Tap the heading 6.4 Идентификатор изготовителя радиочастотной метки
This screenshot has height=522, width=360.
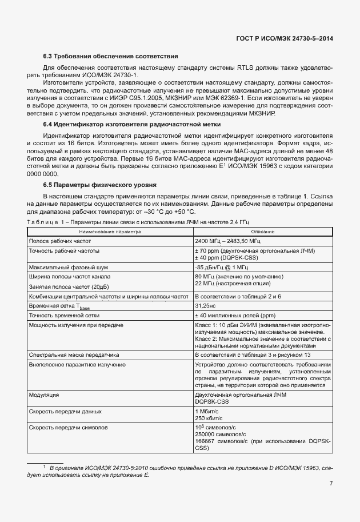[x=132, y=124]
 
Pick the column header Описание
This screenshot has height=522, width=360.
[x=262, y=232]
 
